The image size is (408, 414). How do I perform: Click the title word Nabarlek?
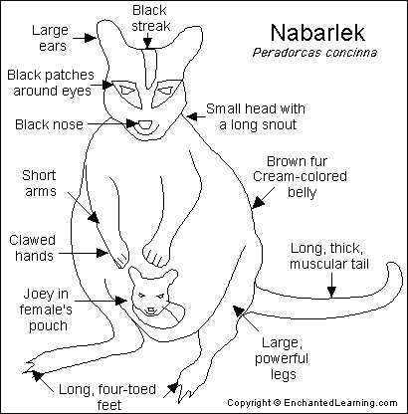pyautogui.click(x=317, y=33)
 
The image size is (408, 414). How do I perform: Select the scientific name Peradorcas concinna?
pyautogui.click(x=314, y=53)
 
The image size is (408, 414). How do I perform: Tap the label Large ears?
pyautogui.click(x=50, y=38)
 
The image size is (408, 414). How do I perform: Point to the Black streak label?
pyautogui.click(x=150, y=18)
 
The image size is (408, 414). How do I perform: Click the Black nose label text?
pyautogui.click(x=49, y=124)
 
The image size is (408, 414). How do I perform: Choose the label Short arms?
pyautogui.click(x=39, y=183)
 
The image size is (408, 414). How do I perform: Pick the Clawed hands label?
pyautogui.click(x=32, y=248)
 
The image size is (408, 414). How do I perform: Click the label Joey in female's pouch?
pyautogui.click(x=46, y=310)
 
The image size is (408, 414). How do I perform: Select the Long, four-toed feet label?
pyautogui.click(x=107, y=397)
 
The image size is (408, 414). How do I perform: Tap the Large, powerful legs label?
pyautogui.click(x=282, y=358)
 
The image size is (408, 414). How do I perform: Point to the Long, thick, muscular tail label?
pyautogui.click(x=329, y=256)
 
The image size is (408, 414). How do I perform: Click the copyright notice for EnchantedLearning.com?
pyautogui.click(x=312, y=403)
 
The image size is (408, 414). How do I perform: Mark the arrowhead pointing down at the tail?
pyautogui.click(x=331, y=292)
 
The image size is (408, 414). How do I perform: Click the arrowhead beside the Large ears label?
pyautogui.click(x=90, y=38)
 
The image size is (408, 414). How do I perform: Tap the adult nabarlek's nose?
pyautogui.click(x=145, y=125)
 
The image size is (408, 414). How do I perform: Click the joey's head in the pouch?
pyautogui.click(x=152, y=292)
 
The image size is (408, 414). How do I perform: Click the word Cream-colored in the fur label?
pyautogui.click(x=300, y=176)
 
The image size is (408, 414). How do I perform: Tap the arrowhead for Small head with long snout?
pyautogui.click(x=191, y=116)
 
